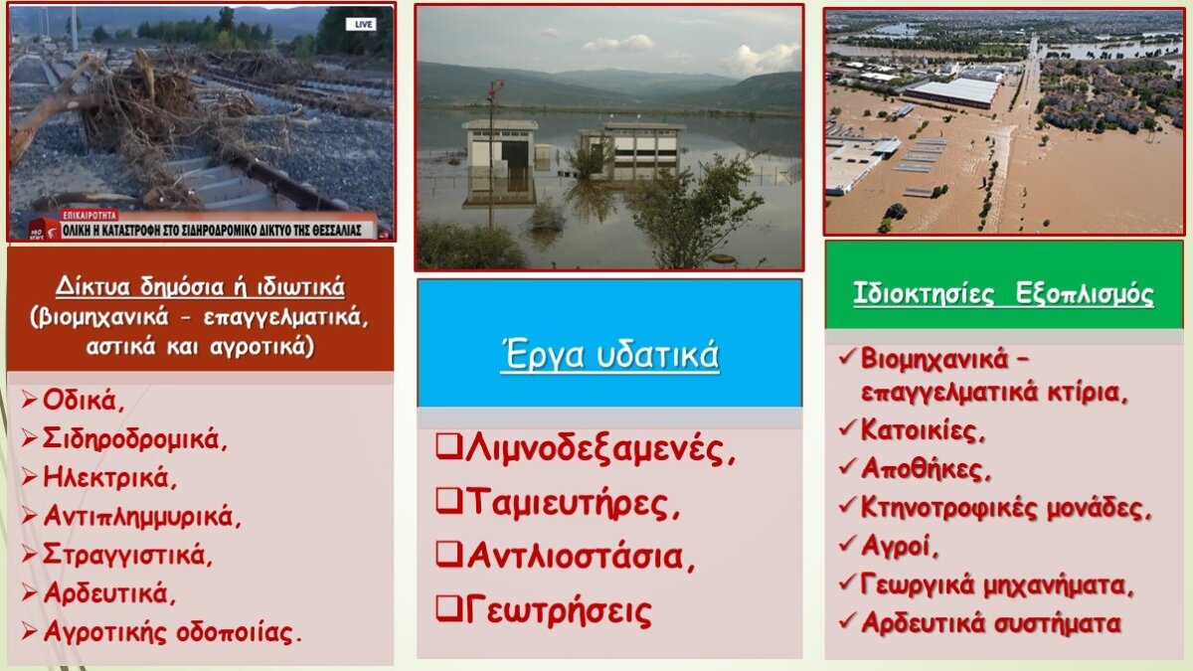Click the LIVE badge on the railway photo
click(x=362, y=24)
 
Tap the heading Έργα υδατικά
click(x=609, y=355)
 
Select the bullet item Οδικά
click(x=84, y=400)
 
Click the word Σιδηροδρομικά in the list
click(x=135, y=438)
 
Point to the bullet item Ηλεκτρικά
click(x=109, y=477)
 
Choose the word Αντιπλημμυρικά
click(x=142, y=516)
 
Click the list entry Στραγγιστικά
click(x=128, y=555)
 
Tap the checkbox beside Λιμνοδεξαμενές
click(x=448, y=446)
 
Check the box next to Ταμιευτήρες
click(x=448, y=501)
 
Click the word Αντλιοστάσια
click(x=581, y=557)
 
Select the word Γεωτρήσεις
click(x=559, y=611)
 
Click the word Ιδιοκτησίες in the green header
click(x=924, y=293)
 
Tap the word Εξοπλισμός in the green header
click(x=1085, y=293)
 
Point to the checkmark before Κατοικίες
click(x=847, y=428)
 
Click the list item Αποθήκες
click(x=926, y=468)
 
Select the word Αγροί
click(x=900, y=546)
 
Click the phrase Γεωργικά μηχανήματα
click(x=997, y=586)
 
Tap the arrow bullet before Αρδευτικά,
click(x=29, y=592)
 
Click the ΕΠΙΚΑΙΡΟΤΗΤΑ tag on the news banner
click(x=89, y=216)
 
